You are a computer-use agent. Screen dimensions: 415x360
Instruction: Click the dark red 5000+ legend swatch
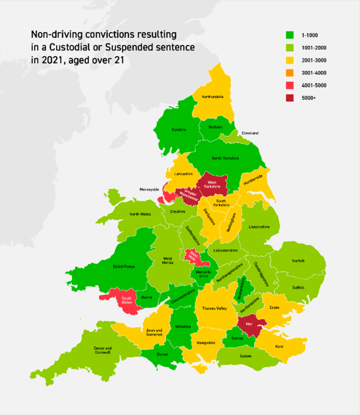(x=289, y=98)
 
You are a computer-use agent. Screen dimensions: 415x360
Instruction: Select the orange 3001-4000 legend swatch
(x=289, y=73)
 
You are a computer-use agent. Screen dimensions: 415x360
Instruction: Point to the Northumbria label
(x=213, y=97)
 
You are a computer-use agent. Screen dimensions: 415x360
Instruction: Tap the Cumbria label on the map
(x=178, y=130)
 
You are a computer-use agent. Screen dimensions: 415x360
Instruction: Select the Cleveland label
(x=250, y=133)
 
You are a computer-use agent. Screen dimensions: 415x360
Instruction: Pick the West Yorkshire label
(x=212, y=184)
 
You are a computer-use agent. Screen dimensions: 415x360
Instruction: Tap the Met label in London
(x=249, y=323)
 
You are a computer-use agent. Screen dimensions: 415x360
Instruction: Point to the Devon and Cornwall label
(x=103, y=350)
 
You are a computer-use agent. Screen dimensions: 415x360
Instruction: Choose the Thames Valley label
(x=214, y=308)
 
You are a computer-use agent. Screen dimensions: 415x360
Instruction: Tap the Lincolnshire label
(x=259, y=227)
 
